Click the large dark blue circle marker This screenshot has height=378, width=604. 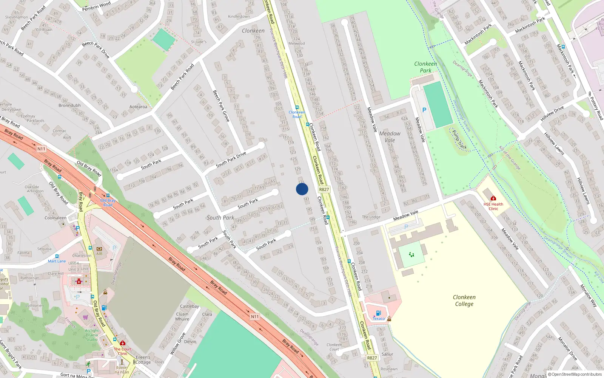[x=302, y=189]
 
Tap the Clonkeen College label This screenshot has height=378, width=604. [x=464, y=301]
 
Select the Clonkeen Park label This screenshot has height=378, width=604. [x=425, y=67]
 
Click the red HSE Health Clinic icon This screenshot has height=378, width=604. [x=493, y=198]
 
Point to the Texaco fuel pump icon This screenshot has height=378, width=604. [x=378, y=313]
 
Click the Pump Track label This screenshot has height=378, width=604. [x=459, y=139]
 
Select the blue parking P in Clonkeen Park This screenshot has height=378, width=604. [x=424, y=110]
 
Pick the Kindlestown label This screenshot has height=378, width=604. [x=239, y=17]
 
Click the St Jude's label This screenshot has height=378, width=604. [x=199, y=42]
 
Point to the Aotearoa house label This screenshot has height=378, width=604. [x=138, y=107]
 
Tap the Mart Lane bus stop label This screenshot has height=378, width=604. [x=57, y=261]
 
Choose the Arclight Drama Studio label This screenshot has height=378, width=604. [x=92, y=335]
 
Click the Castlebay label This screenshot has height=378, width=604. [x=190, y=306]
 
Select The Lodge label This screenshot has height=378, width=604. [x=371, y=217]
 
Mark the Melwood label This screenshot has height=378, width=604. [x=296, y=43]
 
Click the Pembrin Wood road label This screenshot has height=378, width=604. [x=96, y=6]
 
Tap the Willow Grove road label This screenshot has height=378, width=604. [x=177, y=343]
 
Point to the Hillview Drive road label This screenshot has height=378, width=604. [x=552, y=113]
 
